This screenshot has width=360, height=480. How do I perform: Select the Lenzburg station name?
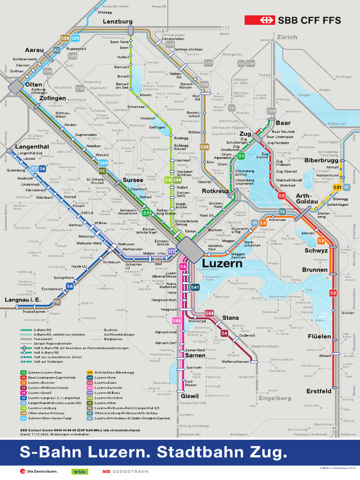point(117,22)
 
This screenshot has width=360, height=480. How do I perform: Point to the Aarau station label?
point(34,50)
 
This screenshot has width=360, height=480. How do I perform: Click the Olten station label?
point(33,84)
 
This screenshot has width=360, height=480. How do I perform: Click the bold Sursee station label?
point(133,180)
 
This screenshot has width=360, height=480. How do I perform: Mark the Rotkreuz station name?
point(215,191)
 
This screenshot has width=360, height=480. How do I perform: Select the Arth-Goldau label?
point(307,199)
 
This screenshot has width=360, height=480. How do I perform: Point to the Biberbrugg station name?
point(321,160)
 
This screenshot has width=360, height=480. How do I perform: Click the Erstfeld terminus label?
point(319,391)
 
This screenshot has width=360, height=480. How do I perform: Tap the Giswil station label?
point(190,396)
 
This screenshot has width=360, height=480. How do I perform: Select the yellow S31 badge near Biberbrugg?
point(337,187)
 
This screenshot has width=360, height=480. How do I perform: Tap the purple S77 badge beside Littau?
point(172,251)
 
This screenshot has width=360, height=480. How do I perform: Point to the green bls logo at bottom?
point(78,471)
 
